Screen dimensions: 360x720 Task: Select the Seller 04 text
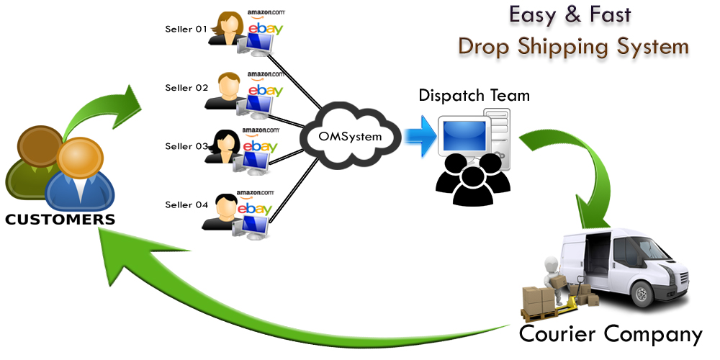click(x=186, y=204)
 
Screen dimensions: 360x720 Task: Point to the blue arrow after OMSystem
click(x=418, y=135)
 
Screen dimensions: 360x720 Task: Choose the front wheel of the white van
click(x=642, y=291)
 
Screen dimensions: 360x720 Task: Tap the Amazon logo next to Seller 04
click(x=255, y=193)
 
